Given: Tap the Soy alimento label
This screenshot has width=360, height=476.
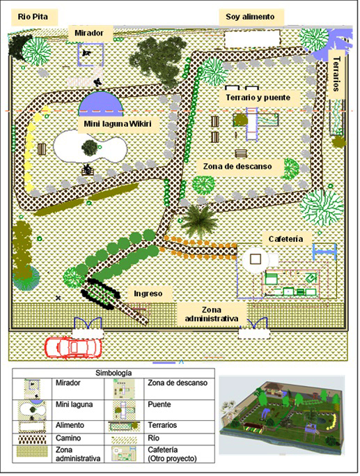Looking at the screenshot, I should [x=251, y=17].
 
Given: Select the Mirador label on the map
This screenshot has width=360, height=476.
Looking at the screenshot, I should [x=90, y=33].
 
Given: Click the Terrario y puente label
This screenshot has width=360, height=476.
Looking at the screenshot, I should [x=258, y=98].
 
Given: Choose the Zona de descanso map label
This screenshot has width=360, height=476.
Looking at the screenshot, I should [x=242, y=167].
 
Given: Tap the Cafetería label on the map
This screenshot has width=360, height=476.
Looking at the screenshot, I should [x=285, y=239].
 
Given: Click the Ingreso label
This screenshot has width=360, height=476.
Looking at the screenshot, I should [x=148, y=294].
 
